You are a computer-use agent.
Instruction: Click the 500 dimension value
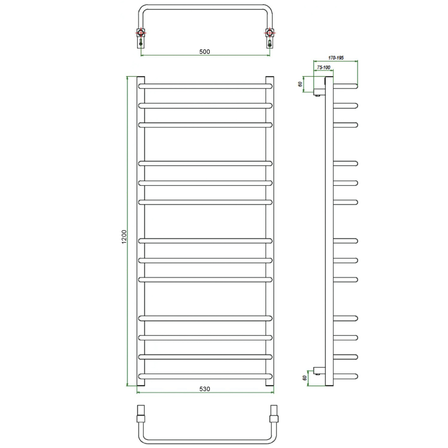(x=205, y=52)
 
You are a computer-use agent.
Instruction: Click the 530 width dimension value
(x=205, y=389)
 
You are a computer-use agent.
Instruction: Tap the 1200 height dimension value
(x=124, y=237)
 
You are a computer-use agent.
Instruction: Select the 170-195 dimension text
(x=335, y=58)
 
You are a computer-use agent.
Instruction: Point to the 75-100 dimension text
(x=324, y=67)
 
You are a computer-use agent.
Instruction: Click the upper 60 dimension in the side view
(x=300, y=84)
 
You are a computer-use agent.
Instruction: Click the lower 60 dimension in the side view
(x=305, y=378)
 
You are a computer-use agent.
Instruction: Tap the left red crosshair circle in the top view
(x=141, y=32)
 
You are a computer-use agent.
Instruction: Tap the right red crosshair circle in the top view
(x=269, y=32)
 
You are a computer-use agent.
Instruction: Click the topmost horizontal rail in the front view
(x=205, y=86)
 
